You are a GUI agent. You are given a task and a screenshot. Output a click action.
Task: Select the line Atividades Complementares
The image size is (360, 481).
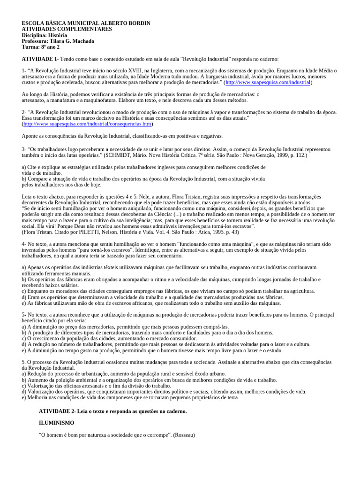coord(67,29)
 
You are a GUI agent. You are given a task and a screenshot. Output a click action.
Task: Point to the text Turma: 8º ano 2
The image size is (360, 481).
coord(41,47)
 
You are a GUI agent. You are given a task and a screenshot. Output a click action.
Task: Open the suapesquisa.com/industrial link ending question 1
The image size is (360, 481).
coord(268,83)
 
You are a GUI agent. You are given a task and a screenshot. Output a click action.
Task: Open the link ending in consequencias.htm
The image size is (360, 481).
coord(88,124)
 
